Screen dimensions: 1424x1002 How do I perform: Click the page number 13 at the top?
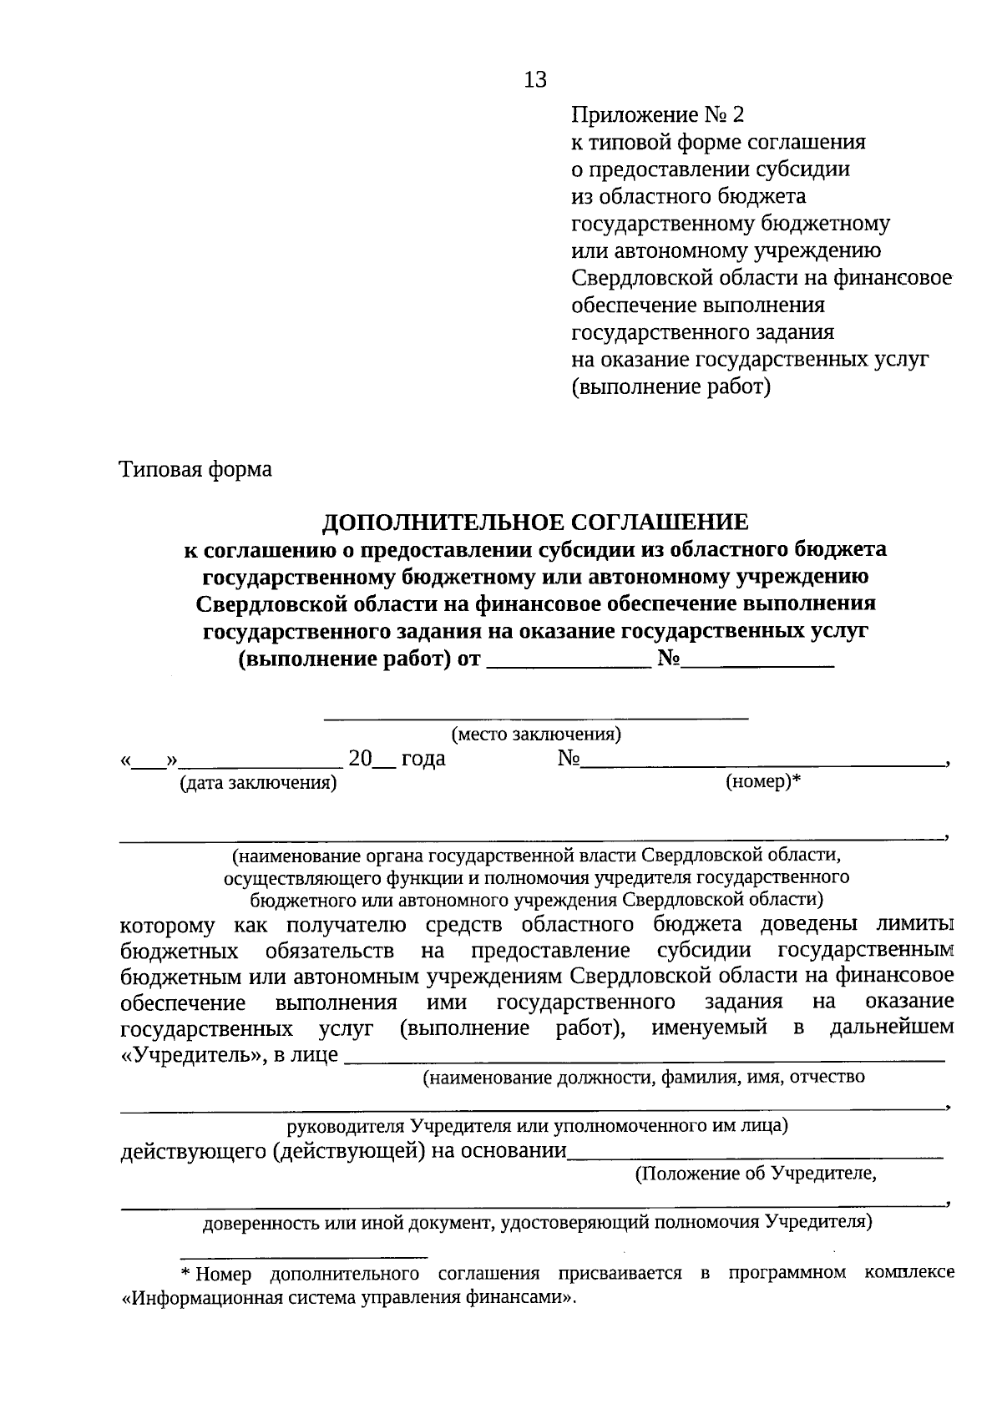point(535,79)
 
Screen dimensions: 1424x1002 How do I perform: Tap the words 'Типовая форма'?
point(196,469)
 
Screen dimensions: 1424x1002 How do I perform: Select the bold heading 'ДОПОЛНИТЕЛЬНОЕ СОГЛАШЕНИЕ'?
point(535,523)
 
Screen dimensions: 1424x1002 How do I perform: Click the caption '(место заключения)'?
point(535,735)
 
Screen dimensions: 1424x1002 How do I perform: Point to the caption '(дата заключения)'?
point(258,783)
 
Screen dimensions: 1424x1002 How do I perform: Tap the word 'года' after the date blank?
point(423,759)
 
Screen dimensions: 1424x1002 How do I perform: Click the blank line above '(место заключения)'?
point(535,716)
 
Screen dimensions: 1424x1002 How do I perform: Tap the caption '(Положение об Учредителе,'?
point(756,1174)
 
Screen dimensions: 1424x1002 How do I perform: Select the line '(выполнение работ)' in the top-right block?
point(671,387)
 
